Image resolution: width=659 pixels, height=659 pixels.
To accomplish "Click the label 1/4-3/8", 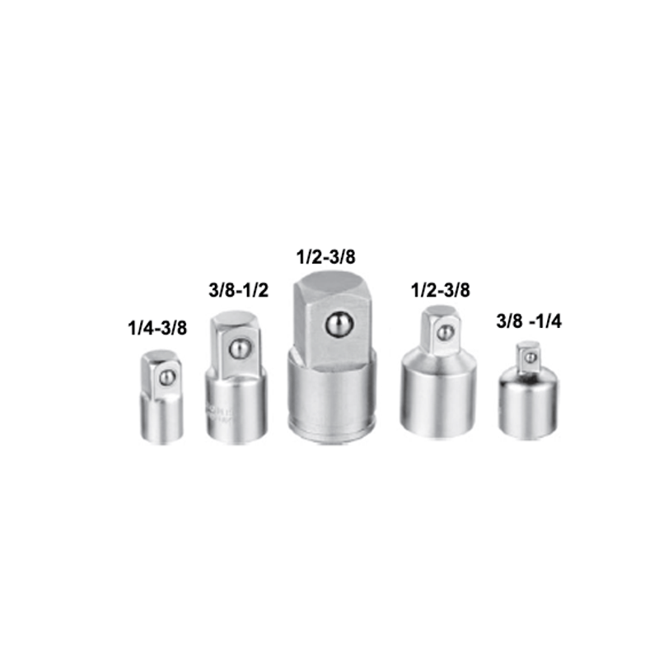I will pos(158,328).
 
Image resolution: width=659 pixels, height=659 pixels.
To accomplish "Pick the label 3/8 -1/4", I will pos(527,322).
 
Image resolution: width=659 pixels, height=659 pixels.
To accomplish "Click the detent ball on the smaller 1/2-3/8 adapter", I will pos(445,333).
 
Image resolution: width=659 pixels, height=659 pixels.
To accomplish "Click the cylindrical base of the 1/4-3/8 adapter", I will pos(160,416).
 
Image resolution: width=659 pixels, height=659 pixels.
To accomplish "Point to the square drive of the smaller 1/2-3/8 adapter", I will pos(435,331).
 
